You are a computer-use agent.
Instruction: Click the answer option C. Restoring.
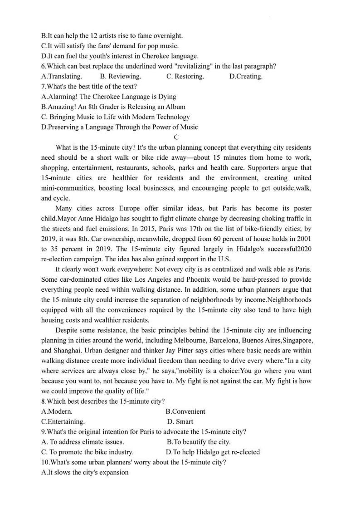click(185, 76)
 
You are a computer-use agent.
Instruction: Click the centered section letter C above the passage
click(176, 137)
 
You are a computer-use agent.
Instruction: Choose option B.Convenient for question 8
click(185, 411)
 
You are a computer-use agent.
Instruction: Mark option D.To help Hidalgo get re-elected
click(213, 452)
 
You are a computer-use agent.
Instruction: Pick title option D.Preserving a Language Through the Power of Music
click(120, 127)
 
